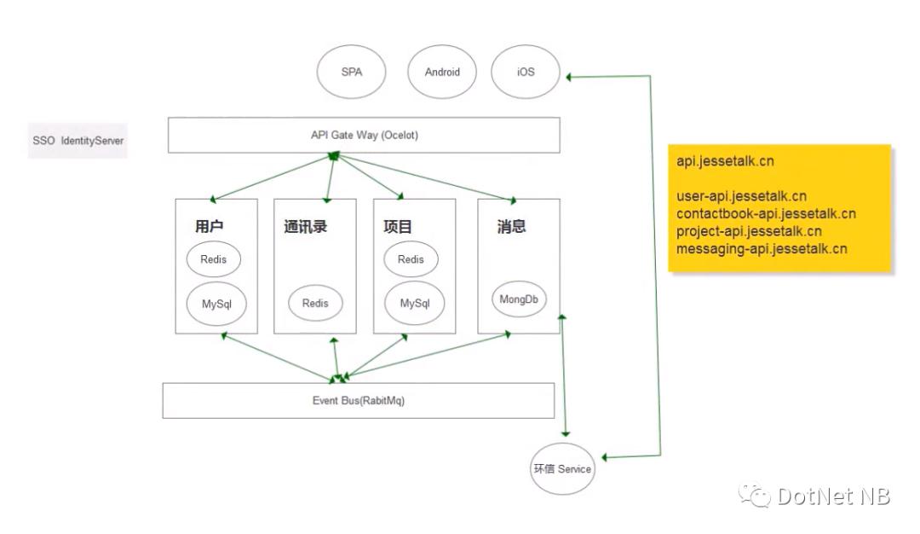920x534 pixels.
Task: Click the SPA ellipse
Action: pyautogui.click(x=352, y=73)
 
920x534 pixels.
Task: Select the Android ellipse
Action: pyautogui.click(x=442, y=73)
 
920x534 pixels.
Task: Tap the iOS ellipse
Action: pyautogui.click(x=526, y=73)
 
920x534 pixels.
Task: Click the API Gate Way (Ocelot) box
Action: pyautogui.click(x=364, y=135)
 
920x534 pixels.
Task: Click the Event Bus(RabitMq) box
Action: pyautogui.click(x=358, y=400)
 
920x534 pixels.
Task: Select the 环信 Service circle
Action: pyautogui.click(x=562, y=468)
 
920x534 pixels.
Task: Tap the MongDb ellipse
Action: pyautogui.click(x=520, y=299)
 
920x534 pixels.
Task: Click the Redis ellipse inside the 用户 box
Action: pyautogui.click(x=214, y=259)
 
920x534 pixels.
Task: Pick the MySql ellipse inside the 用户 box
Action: pyautogui.click(x=216, y=303)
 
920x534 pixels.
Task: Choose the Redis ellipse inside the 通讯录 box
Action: pyautogui.click(x=315, y=303)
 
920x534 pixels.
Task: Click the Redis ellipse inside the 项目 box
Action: pyautogui.click(x=411, y=259)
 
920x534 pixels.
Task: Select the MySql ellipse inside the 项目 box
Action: pyautogui.click(x=415, y=303)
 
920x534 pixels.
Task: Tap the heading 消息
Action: pyautogui.click(x=511, y=227)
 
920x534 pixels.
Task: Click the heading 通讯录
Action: pyautogui.click(x=305, y=227)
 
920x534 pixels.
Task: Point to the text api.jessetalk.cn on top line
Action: pyautogui.click(x=725, y=161)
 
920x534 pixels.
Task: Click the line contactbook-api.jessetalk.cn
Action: pyautogui.click(x=766, y=214)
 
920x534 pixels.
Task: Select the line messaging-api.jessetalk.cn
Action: pyautogui.click(x=762, y=249)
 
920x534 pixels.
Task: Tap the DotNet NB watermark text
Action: pyautogui.click(x=833, y=496)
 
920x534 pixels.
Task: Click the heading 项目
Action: pyautogui.click(x=398, y=227)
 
